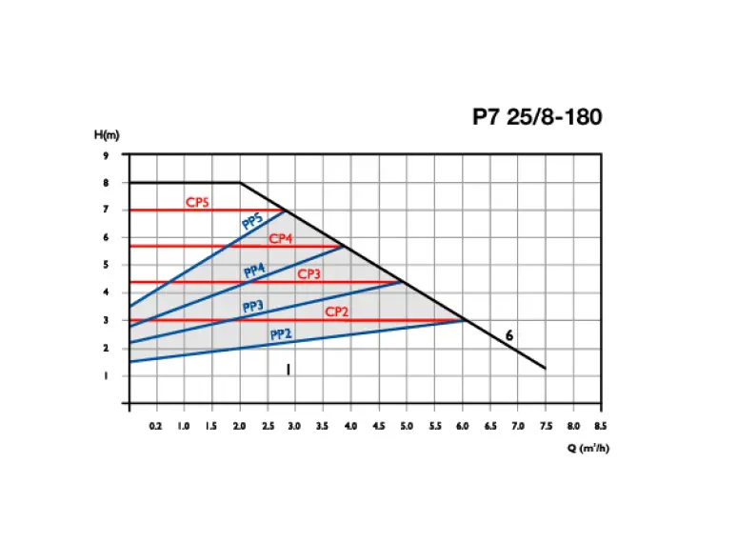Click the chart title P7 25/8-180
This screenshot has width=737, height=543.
tap(537, 117)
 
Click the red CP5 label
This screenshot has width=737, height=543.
tap(197, 203)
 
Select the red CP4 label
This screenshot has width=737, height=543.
tap(280, 239)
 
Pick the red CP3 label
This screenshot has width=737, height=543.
tap(309, 274)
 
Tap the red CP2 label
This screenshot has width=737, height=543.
tap(337, 312)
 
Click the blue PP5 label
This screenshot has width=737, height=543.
tap(252, 222)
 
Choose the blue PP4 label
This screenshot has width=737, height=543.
tap(254, 271)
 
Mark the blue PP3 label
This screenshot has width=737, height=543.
tap(252, 307)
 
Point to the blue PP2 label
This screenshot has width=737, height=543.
tap(280, 334)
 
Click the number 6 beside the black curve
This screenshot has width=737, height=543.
tap(509, 335)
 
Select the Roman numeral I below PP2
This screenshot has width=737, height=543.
tap(288, 370)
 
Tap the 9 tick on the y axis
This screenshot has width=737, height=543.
tap(106, 155)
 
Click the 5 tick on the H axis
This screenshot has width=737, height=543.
tap(106, 265)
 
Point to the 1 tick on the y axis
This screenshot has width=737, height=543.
tap(106, 375)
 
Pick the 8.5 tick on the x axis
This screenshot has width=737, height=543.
tap(601, 427)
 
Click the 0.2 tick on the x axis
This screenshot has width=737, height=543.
tap(156, 427)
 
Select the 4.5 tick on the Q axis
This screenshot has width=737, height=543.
tap(379, 427)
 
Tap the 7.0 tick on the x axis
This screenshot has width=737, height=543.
tap(518, 427)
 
